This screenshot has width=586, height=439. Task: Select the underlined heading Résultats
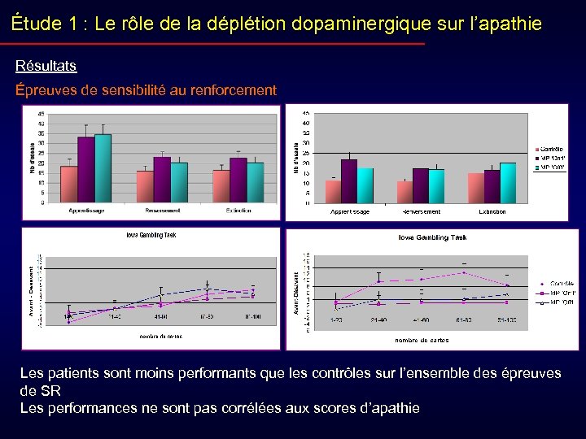46,65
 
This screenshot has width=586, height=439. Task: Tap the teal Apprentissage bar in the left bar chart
103,168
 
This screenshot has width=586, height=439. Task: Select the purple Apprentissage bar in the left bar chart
86,170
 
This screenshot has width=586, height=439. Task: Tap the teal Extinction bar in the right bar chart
508,183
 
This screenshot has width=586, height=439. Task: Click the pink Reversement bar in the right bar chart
405,192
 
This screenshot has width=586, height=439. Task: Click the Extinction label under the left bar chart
238,211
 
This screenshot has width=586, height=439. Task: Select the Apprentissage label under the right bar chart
349,211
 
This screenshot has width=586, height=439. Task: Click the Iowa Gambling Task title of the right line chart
431,237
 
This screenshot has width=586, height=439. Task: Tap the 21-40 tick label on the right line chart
378,321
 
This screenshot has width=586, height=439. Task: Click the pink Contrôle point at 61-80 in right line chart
464,272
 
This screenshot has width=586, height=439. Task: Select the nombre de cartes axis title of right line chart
422,340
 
